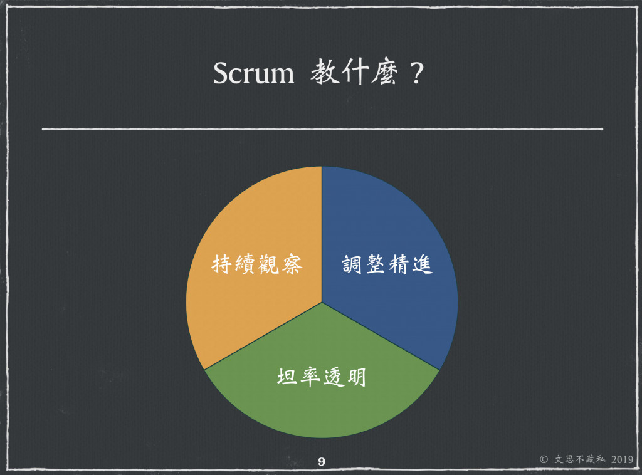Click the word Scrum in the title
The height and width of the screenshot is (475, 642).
click(x=253, y=74)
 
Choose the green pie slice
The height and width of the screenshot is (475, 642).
click(x=322, y=401)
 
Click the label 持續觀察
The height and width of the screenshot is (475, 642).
click(x=258, y=265)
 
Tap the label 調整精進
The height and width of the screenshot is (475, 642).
click(x=387, y=265)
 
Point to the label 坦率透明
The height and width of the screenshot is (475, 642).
click(x=322, y=377)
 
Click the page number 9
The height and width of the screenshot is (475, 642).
click(x=322, y=462)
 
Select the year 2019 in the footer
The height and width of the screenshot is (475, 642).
click(x=620, y=459)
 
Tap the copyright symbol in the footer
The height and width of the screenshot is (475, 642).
click(x=544, y=459)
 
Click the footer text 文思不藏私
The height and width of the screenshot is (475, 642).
click(x=580, y=459)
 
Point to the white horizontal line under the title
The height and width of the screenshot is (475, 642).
click(x=322, y=130)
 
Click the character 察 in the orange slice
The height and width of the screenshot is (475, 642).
click(x=292, y=265)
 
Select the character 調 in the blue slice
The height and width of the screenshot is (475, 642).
click(x=354, y=265)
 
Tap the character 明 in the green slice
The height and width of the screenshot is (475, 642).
click(x=355, y=377)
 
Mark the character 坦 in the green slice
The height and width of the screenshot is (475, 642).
click(x=288, y=377)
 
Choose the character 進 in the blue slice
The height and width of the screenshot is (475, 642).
click(x=422, y=265)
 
